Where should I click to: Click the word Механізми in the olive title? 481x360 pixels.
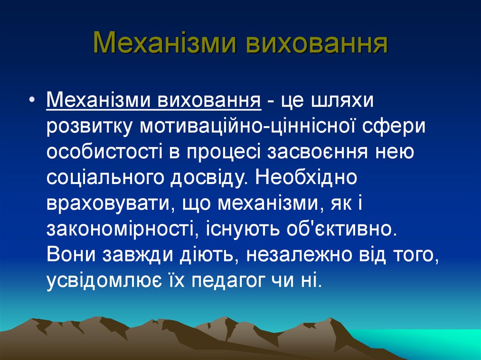(x=164, y=42)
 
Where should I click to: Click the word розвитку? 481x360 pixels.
(x=89, y=126)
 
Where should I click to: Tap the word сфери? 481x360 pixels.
(x=394, y=126)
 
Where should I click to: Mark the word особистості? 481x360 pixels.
(x=105, y=152)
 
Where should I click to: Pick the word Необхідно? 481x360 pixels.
(x=306, y=177)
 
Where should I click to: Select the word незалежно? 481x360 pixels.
(x=299, y=254)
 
